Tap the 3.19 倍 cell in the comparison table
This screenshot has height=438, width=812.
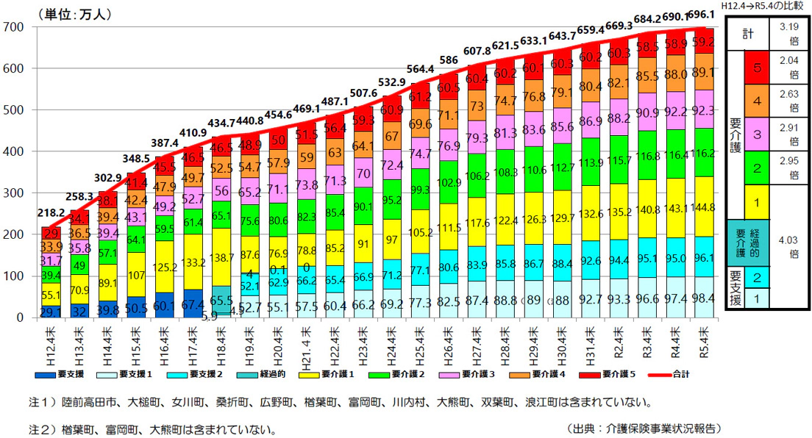click(787, 34)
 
